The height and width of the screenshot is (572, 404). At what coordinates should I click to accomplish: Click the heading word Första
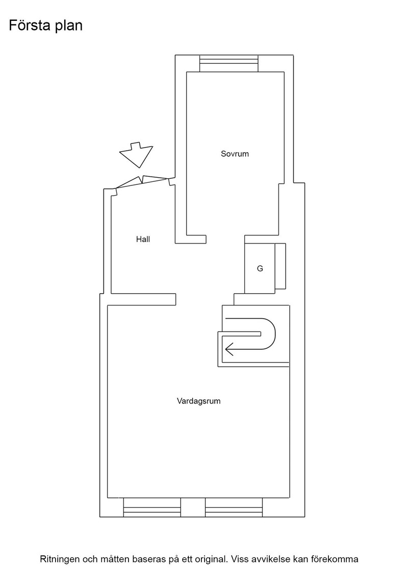click(x=30, y=25)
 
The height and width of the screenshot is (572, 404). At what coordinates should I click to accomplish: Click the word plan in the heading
click(x=69, y=26)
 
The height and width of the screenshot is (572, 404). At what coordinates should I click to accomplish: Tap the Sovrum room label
click(x=235, y=154)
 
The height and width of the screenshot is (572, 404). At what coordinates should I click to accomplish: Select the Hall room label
click(x=143, y=240)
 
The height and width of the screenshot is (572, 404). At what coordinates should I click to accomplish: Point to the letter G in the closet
click(x=260, y=269)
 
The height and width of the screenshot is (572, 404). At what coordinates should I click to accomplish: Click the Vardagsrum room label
click(x=198, y=401)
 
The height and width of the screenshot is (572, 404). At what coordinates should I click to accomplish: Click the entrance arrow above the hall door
click(x=136, y=154)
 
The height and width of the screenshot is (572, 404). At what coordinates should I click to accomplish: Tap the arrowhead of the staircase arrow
click(x=229, y=350)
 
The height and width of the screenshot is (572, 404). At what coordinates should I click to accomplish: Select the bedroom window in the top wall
click(x=229, y=63)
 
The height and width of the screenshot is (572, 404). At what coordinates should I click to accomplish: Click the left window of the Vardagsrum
click(x=152, y=508)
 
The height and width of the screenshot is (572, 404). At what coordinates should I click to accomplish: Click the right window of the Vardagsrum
click(x=234, y=508)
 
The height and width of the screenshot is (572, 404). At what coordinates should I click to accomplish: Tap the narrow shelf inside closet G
click(x=280, y=266)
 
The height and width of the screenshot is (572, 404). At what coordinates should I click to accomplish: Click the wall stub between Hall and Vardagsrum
click(x=143, y=299)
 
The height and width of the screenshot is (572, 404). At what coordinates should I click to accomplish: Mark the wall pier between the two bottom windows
click(x=193, y=508)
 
